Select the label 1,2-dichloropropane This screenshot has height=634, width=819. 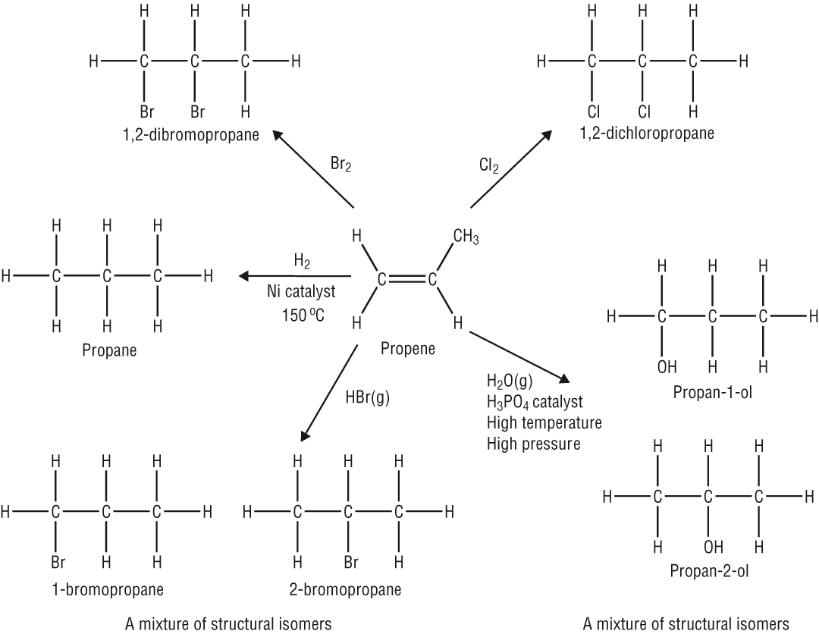(647, 134)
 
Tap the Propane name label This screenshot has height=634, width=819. (106, 350)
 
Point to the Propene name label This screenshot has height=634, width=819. (408, 349)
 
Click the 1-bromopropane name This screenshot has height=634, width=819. (106, 588)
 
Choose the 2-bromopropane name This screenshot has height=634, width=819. (345, 588)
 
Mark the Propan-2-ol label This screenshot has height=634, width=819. (710, 570)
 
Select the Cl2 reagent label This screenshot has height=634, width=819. (489, 165)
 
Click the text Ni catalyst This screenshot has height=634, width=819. (301, 292)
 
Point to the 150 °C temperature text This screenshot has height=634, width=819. (301, 314)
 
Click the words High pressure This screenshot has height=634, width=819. (533, 443)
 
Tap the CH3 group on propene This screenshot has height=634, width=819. (466, 237)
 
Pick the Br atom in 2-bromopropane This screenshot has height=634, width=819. (350, 563)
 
